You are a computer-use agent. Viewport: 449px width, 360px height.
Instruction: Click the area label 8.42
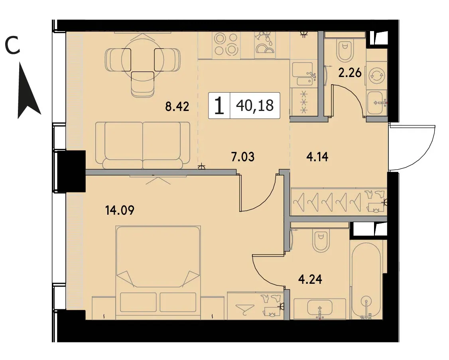tap(177, 107)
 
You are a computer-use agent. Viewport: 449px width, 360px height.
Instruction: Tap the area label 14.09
tap(120, 210)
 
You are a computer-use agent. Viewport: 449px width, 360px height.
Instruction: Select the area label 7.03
tap(243, 157)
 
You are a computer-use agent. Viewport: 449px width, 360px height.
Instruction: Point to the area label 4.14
tap(317, 157)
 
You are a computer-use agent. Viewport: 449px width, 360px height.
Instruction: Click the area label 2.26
tap(350, 73)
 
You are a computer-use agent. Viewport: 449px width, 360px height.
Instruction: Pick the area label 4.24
tap(310, 279)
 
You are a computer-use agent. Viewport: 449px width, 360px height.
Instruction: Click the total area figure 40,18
tap(255, 105)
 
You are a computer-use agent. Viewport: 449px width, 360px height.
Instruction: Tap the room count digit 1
tap(219, 106)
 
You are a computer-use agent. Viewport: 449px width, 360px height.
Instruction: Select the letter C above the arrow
tap(13, 46)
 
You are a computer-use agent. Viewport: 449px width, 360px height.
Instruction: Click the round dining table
tap(142, 59)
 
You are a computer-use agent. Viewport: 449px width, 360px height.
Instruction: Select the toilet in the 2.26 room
tap(345, 50)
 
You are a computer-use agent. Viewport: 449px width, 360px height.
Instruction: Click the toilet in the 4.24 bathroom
tap(321, 241)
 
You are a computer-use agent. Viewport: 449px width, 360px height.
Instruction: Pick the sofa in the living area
tap(143, 145)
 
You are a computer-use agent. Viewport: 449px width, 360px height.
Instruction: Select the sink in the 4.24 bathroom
tap(319, 309)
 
